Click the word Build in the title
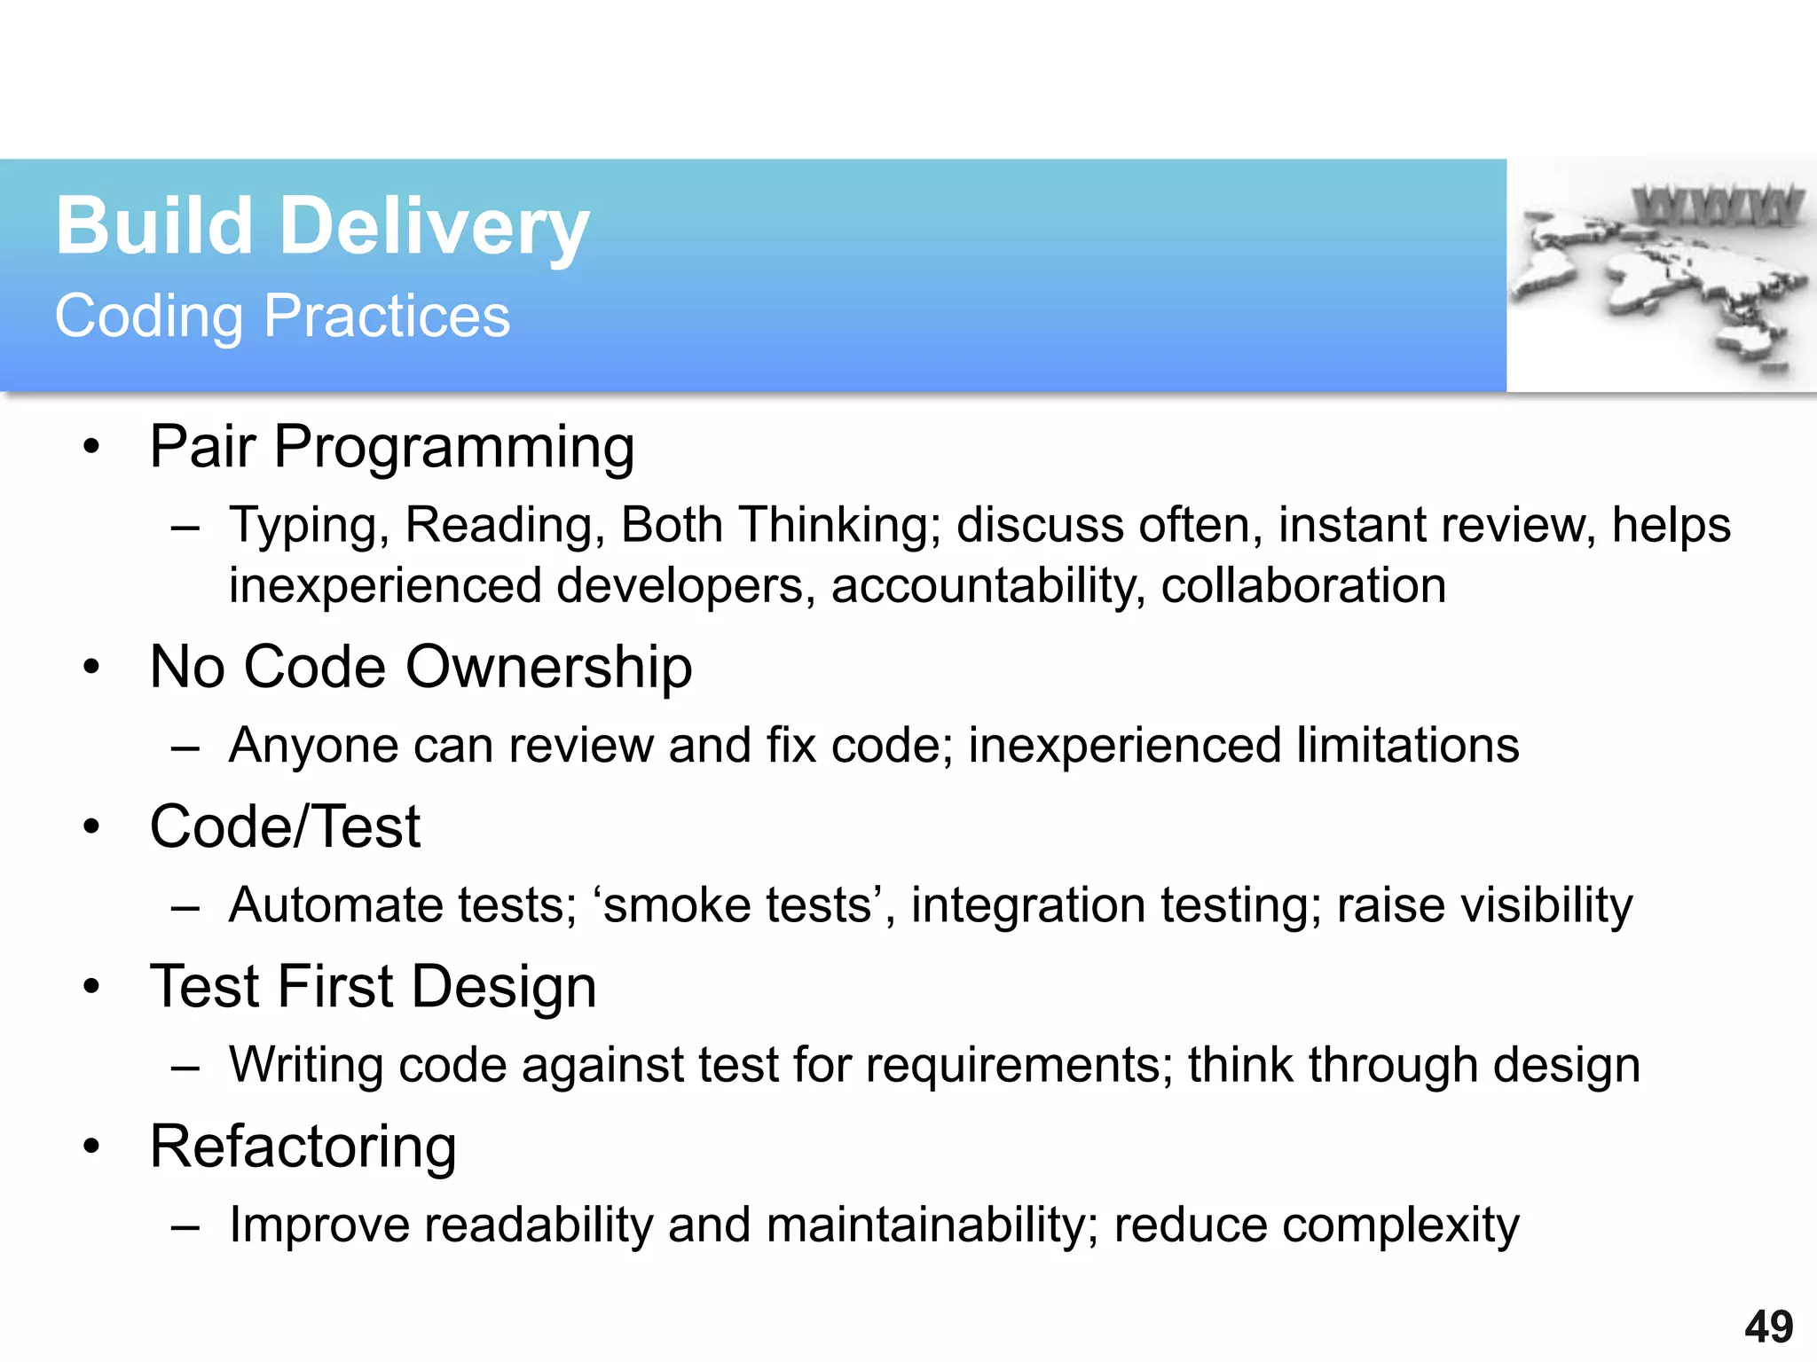pos(154,227)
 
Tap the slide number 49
pos(1768,1327)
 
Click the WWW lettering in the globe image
pos(1718,205)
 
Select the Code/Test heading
pos(285,826)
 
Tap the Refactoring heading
pos(303,1147)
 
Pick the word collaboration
pos(1303,586)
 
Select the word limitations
pos(1407,745)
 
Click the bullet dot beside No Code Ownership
pos(91,667)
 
